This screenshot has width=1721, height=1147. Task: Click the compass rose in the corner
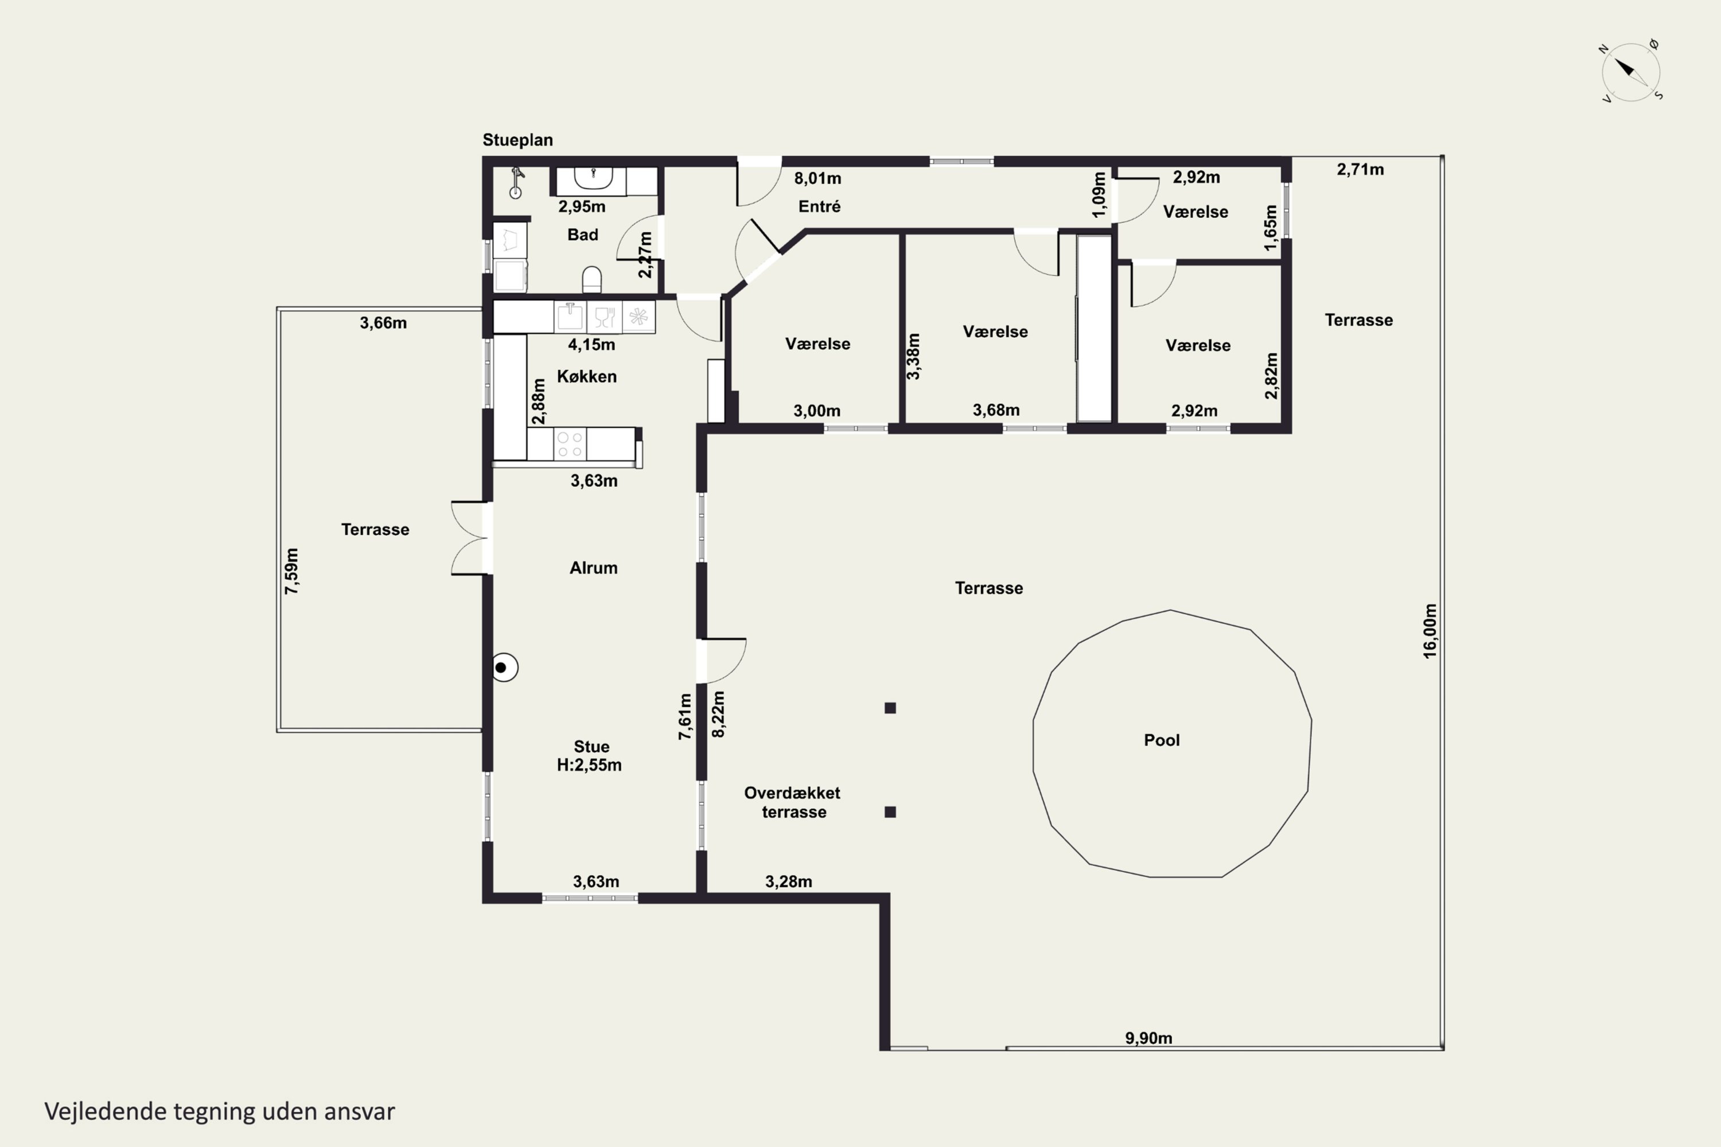[1631, 72]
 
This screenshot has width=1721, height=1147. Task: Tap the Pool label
[1162, 740]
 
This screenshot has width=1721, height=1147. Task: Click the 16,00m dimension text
[1430, 630]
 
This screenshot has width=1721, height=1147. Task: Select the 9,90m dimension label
[1149, 1037]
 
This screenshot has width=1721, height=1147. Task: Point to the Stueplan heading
[517, 140]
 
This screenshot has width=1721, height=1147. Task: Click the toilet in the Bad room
[592, 279]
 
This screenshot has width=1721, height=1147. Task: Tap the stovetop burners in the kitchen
[570, 444]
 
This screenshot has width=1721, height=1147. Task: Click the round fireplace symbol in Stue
[504, 667]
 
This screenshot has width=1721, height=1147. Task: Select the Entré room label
[820, 206]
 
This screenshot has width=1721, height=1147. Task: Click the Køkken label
[587, 376]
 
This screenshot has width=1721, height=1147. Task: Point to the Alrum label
[593, 568]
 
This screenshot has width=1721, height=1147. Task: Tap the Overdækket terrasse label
[792, 802]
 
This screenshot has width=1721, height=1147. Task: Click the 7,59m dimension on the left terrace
[292, 571]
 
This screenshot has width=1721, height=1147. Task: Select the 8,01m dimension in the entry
[818, 178]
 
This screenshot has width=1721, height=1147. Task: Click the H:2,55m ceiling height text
[589, 764]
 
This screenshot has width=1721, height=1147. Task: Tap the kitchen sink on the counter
[570, 317]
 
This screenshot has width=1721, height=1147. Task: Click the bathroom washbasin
[593, 178]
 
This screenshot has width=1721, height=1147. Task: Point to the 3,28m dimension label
[789, 881]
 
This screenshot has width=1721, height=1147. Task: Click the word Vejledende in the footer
[106, 1111]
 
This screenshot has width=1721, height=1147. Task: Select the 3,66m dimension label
[383, 322]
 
